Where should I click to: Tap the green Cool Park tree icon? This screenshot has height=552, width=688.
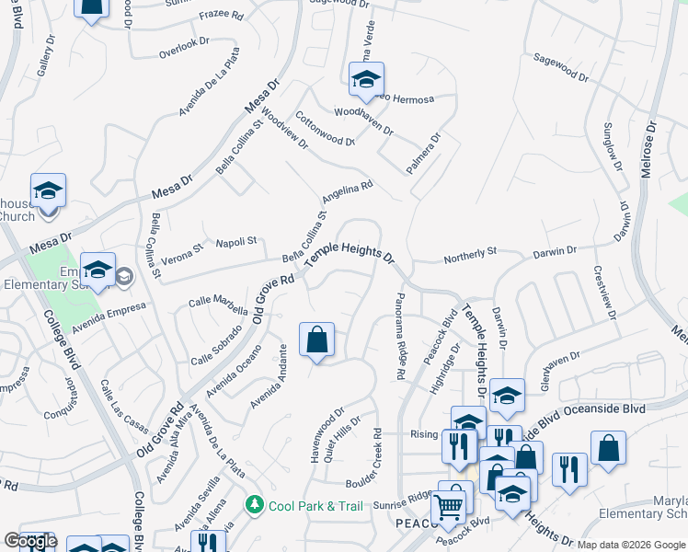[x=254, y=505]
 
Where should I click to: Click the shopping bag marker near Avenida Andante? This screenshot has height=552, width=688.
[x=316, y=339]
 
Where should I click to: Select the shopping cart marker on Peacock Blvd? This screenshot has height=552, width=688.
[x=448, y=506]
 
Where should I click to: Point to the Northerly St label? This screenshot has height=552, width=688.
[x=470, y=252]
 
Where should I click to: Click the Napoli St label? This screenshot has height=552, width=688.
[x=236, y=242]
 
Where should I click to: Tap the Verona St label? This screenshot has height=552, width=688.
[x=181, y=253]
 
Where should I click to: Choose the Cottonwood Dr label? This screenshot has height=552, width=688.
[x=325, y=129]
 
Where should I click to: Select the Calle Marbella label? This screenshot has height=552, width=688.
[x=218, y=301]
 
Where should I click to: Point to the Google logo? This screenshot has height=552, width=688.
[x=30, y=541]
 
